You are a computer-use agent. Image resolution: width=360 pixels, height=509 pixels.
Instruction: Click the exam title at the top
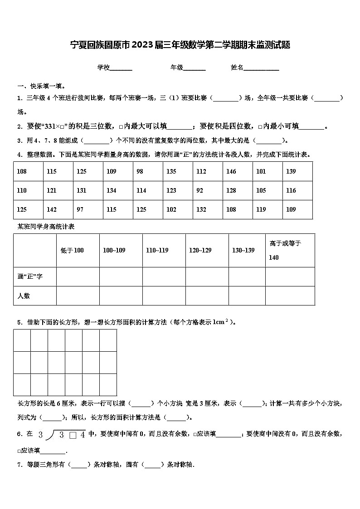pyautogui.click(x=180, y=45)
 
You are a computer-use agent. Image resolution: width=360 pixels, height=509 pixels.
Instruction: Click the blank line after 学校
pyautogui.click(x=121, y=68)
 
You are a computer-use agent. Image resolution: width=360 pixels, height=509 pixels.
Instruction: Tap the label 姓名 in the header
pyautogui.click(x=237, y=68)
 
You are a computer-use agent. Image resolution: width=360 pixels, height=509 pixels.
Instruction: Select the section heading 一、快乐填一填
pyautogui.click(x=41, y=86)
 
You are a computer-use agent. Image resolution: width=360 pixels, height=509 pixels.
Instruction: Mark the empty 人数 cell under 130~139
pyautogui.click(x=247, y=296)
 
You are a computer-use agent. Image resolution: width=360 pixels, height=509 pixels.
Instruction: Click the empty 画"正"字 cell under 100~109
pyautogui.click(x=121, y=276)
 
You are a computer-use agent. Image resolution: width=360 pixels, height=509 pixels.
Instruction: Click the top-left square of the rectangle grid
pyautogui.click(x=22, y=340)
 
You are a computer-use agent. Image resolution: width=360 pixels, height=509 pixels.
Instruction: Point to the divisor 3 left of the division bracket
pyautogui.click(x=40, y=435)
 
